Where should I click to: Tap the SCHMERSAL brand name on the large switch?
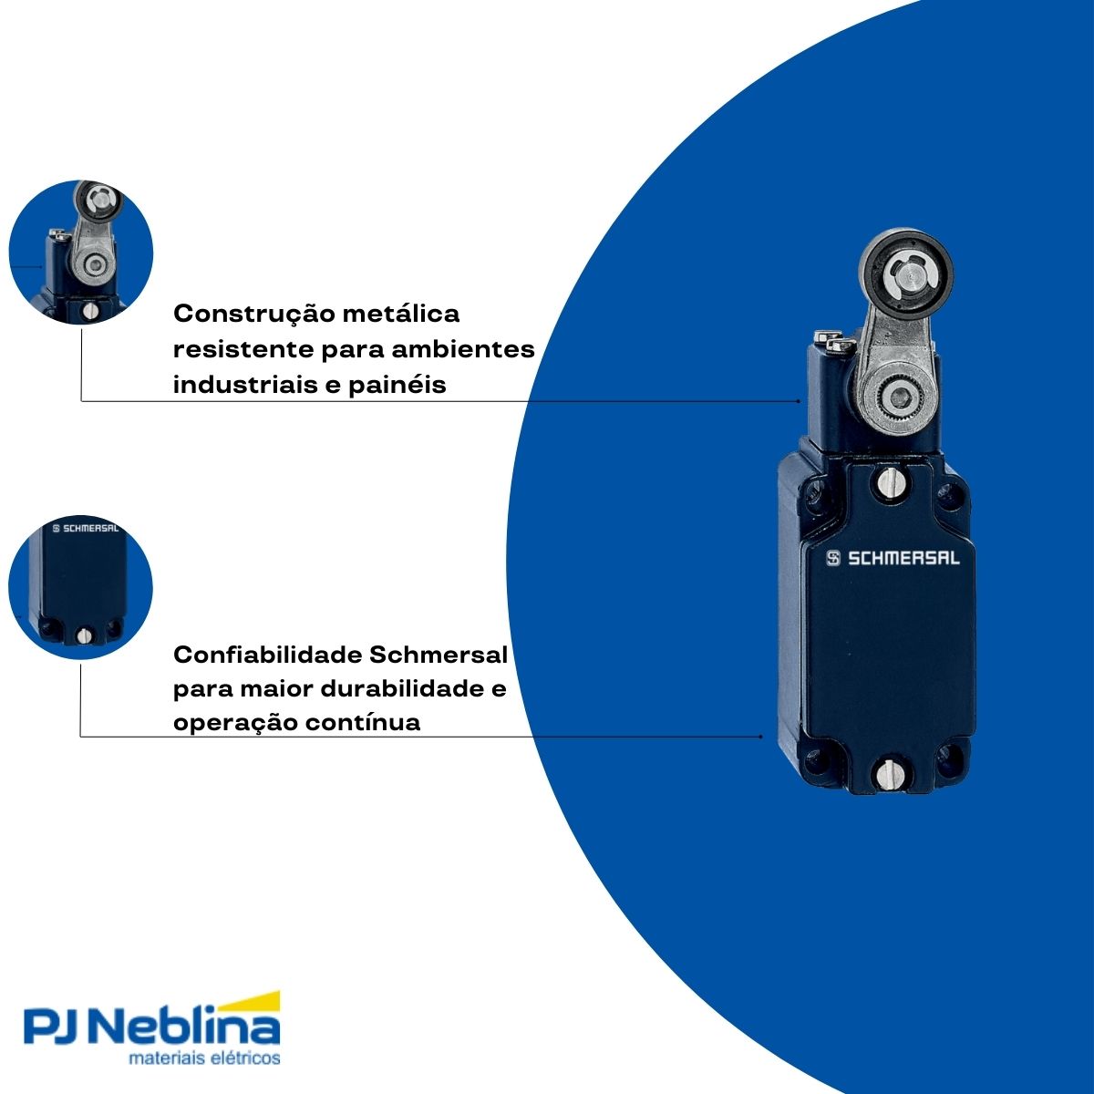pyautogui.click(x=903, y=558)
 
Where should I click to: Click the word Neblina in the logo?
pyautogui.click(x=188, y=1029)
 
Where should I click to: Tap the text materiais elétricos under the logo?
pyautogui.click(x=204, y=1058)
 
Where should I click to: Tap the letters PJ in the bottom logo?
pyautogui.click(x=57, y=1029)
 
